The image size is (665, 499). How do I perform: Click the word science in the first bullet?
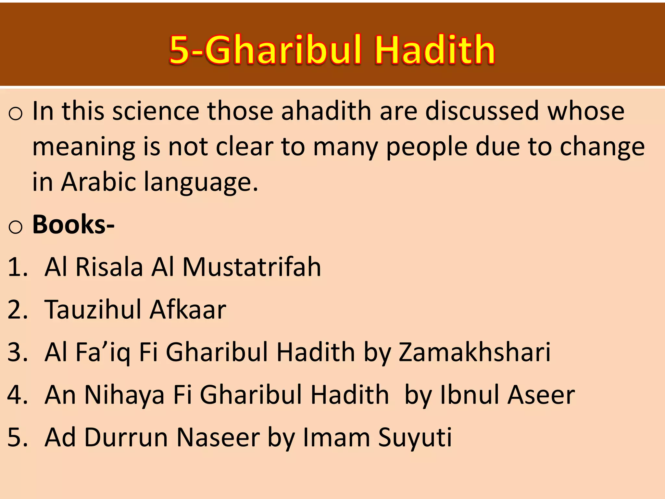click(x=156, y=111)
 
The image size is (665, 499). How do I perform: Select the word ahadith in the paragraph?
click(x=326, y=111)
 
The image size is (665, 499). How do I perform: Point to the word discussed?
click(x=482, y=111)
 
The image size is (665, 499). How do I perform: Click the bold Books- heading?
click(x=73, y=224)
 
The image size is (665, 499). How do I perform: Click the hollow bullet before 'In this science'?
click(x=15, y=114)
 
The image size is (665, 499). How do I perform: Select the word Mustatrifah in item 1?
click(x=252, y=267)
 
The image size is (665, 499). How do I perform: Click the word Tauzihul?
click(x=92, y=309)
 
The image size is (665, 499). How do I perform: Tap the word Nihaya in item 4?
click(x=124, y=395)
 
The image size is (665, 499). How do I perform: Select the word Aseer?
click(x=541, y=394)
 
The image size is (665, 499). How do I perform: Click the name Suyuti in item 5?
click(x=415, y=438)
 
